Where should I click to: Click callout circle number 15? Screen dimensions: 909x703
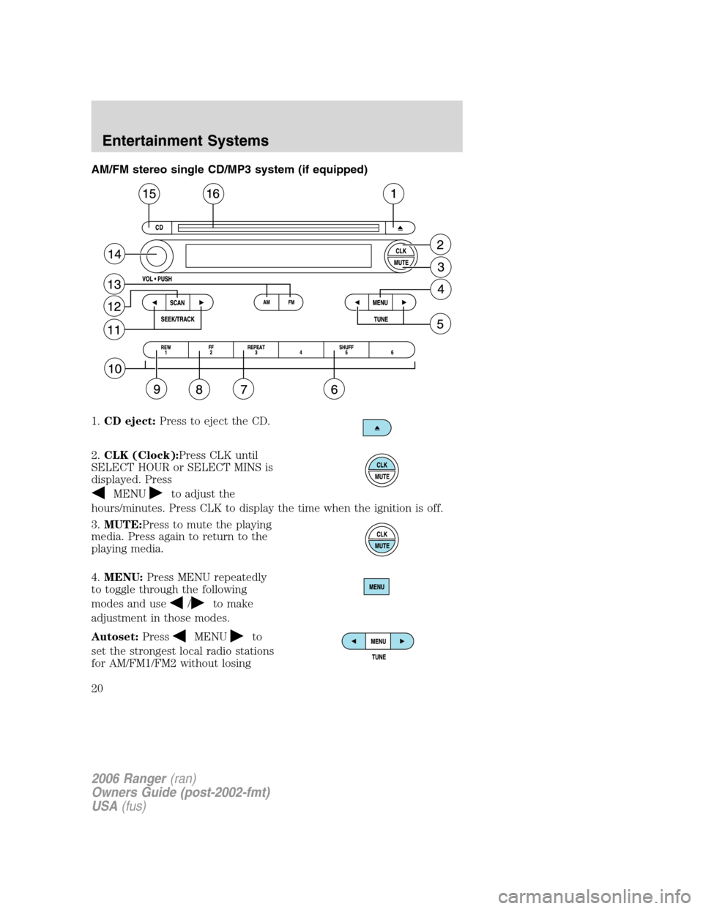149,194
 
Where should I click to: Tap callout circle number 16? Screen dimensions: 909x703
213,194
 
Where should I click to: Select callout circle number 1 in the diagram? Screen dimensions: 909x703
393,194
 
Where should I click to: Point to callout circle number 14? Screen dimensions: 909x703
114,255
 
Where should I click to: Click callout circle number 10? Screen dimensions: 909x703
115,369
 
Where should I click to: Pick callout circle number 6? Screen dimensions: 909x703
334,389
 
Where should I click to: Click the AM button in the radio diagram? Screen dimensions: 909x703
267,302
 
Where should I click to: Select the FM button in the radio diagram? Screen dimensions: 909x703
291,302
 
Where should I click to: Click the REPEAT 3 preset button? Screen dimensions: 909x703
256,350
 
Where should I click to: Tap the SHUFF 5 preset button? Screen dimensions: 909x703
346,350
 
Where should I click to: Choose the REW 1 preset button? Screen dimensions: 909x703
166,350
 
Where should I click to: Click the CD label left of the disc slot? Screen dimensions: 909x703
159,228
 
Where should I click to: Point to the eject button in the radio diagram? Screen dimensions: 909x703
400,228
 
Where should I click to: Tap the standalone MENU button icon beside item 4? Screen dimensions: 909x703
376,587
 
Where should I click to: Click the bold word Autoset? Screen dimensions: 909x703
115,637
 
